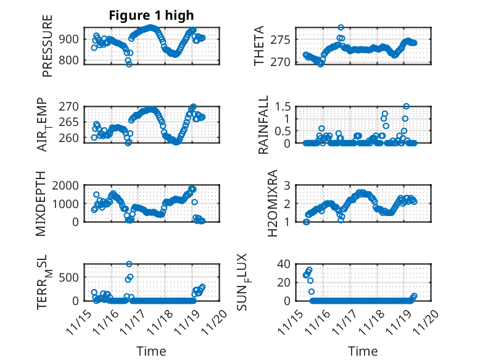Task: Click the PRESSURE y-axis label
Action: point(48,46)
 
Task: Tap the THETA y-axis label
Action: point(259,46)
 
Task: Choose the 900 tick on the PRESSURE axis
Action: point(70,39)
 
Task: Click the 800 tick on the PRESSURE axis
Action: point(70,61)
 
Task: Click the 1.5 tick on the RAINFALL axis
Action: point(282,106)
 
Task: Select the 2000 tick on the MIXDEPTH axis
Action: point(67,185)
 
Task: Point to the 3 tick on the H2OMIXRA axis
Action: point(286,185)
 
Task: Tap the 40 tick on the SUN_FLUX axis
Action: point(284,264)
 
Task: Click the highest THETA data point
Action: point(341,28)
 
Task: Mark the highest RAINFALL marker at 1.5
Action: point(406,106)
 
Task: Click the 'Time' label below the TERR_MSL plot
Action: point(151,351)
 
